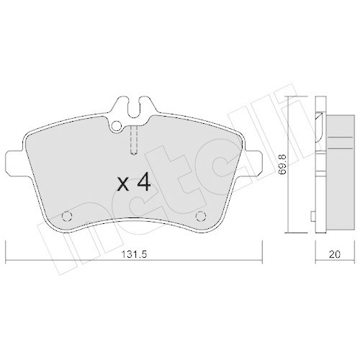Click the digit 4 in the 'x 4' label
(143, 182)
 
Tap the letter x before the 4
(122, 184)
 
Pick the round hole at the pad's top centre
(117, 127)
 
